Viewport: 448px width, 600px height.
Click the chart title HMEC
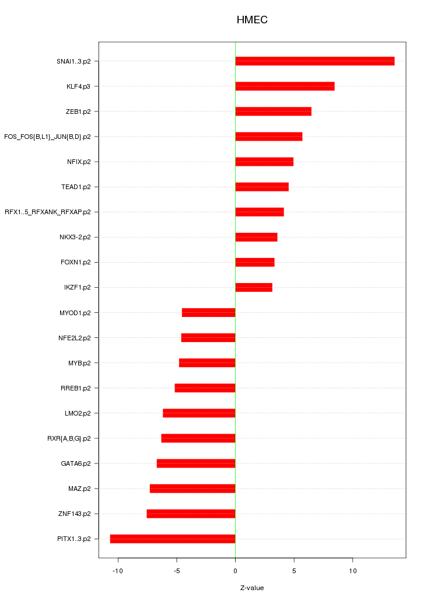pyautogui.click(x=252, y=20)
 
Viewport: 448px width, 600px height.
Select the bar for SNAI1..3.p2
pyautogui.click(x=314, y=61)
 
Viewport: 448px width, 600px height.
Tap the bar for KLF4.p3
pyautogui.click(x=285, y=86)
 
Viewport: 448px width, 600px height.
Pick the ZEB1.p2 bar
pyautogui.click(x=273, y=111)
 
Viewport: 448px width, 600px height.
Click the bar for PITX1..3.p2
pyautogui.click(x=173, y=539)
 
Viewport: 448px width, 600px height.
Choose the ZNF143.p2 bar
pyautogui.click(x=191, y=514)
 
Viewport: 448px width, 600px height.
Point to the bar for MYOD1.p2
pyautogui.click(x=208, y=313)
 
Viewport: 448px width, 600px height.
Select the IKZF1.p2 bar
pyautogui.click(x=254, y=287)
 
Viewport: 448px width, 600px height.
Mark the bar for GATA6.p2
pyautogui.click(x=196, y=463)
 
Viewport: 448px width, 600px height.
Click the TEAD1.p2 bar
pyautogui.click(x=262, y=187)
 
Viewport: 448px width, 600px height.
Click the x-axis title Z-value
pyautogui.click(x=252, y=588)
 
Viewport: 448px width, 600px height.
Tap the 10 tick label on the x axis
pyautogui.click(x=352, y=571)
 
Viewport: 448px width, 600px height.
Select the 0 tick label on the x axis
pyautogui.click(x=235, y=571)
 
